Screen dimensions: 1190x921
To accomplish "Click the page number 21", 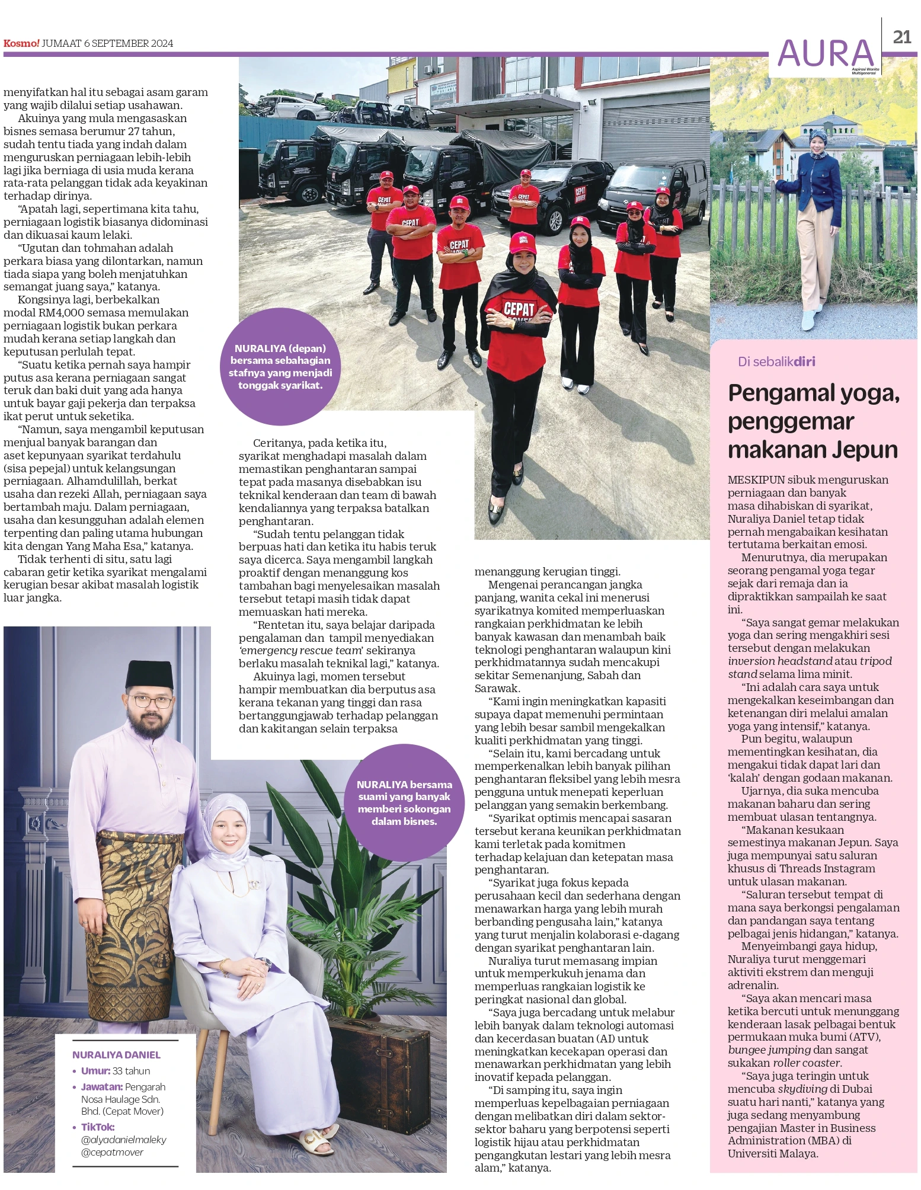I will coord(901,37).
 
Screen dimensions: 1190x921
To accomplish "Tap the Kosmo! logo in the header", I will coord(21,43).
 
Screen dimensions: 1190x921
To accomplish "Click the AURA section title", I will coord(826,53).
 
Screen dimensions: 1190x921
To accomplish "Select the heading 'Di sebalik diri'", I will coord(776,362).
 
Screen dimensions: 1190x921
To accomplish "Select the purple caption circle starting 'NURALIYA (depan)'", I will coord(280,366).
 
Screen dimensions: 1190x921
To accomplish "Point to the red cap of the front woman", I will coord(522,242).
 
